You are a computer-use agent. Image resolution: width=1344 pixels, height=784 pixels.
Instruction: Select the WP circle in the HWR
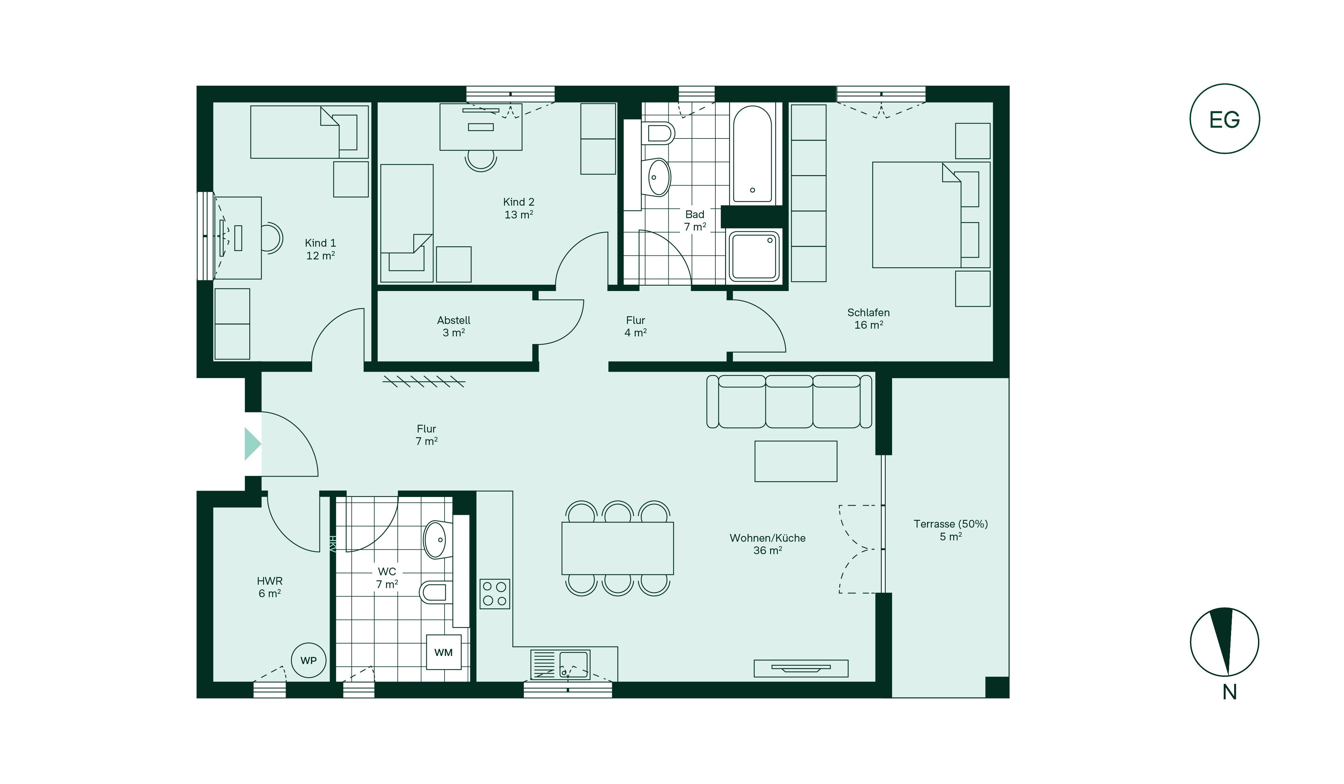[308, 660]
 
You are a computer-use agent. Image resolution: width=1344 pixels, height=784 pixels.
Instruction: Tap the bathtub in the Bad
[752, 154]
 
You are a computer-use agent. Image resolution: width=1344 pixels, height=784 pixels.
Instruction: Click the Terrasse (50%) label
[951, 524]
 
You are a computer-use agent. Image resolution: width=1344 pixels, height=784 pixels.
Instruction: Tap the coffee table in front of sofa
[796, 461]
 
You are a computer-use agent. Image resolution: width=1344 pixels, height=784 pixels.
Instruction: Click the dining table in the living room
[618, 548]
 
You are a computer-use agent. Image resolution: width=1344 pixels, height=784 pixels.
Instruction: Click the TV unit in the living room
[801, 668]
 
